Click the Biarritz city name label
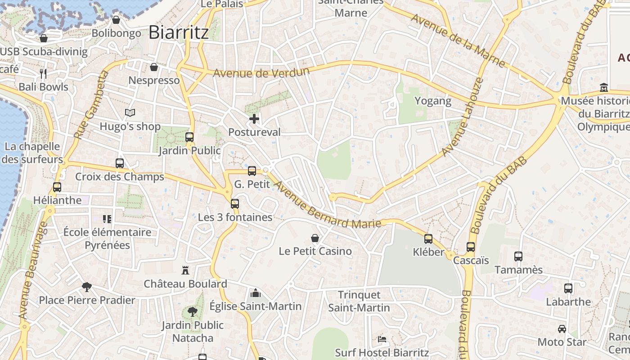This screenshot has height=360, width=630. pyautogui.click(x=178, y=32)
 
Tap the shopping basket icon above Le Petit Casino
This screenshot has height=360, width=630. pyautogui.click(x=315, y=238)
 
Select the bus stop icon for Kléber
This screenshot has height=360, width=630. pyautogui.click(x=428, y=238)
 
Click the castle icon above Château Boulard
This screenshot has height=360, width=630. pyautogui.click(x=185, y=270)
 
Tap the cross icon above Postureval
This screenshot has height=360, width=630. pyautogui.click(x=254, y=119)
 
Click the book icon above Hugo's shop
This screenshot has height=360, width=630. pyautogui.click(x=130, y=112)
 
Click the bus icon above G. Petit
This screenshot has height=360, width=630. pyautogui.click(x=252, y=171)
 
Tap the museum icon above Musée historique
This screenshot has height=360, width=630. pyautogui.click(x=604, y=87)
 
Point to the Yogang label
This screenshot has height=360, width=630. pyautogui.click(x=433, y=101)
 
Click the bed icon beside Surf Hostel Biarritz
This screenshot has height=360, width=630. pyautogui.click(x=382, y=339)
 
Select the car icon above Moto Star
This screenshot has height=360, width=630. pyautogui.click(x=562, y=329)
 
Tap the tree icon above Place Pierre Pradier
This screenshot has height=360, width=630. pyautogui.click(x=87, y=286)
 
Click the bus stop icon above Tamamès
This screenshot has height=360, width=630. pyautogui.click(x=518, y=256)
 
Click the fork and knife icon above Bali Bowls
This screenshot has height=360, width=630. pyautogui.click(x=43, y=73)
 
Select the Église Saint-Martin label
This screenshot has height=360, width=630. pyautogui.click(x=256, y=306)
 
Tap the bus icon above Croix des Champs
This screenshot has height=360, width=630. pyautogui.click(x=120, y=163)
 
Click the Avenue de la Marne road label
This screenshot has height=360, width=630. pyautogui.click(x=458, y=41)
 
